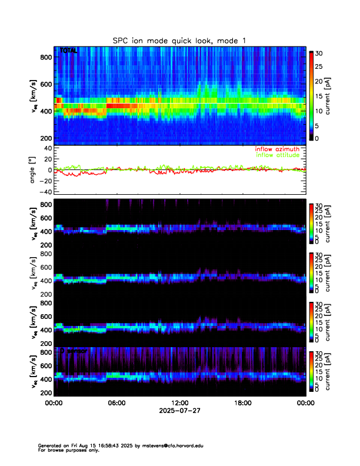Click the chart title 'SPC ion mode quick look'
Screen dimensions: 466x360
[x=179, y=40]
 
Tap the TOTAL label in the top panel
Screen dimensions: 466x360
[x=69, y=52]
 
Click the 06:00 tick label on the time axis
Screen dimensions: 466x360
[x=117, y=403]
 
